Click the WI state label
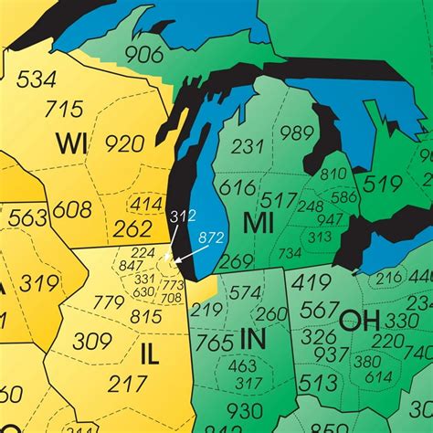(72, 144)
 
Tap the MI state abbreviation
(259, 222)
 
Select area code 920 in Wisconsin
(125, 143)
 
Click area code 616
(237, 188)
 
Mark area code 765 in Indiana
(214, 343)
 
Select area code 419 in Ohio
(312, 282)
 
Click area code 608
(71, 209)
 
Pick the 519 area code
(383, 185)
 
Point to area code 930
(244, 410)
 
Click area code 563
(27, 217)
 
